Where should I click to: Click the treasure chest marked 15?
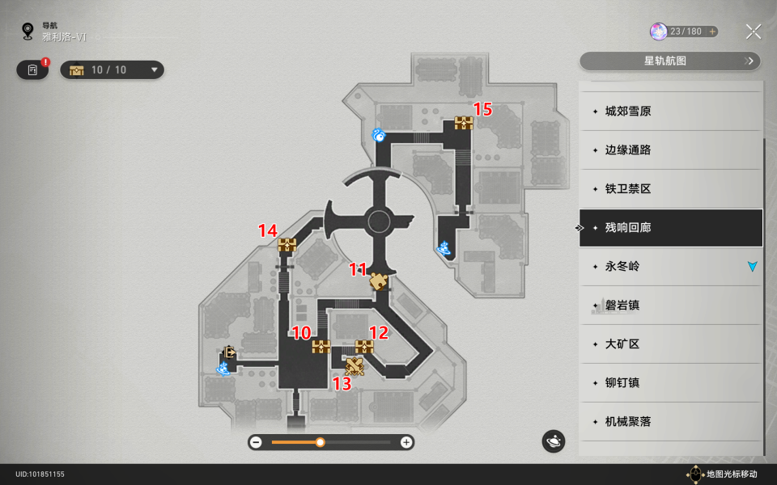coord(464,123)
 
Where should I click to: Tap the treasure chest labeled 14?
coord(287,245)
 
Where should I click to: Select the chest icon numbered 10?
coord(321,347)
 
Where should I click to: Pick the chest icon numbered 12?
coord(364,347)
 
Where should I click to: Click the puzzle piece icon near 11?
coord(378,281)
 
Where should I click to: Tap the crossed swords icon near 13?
coord(355,367)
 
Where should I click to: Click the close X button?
coord(754,32)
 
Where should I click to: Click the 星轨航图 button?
coord(670,61)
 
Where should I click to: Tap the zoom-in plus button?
coord(405,442)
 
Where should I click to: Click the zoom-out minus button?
coord(256,442)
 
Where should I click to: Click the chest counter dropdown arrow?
coord(154,70)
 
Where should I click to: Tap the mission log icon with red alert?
coord(32,70)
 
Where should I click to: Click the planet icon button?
coord(554,441)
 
